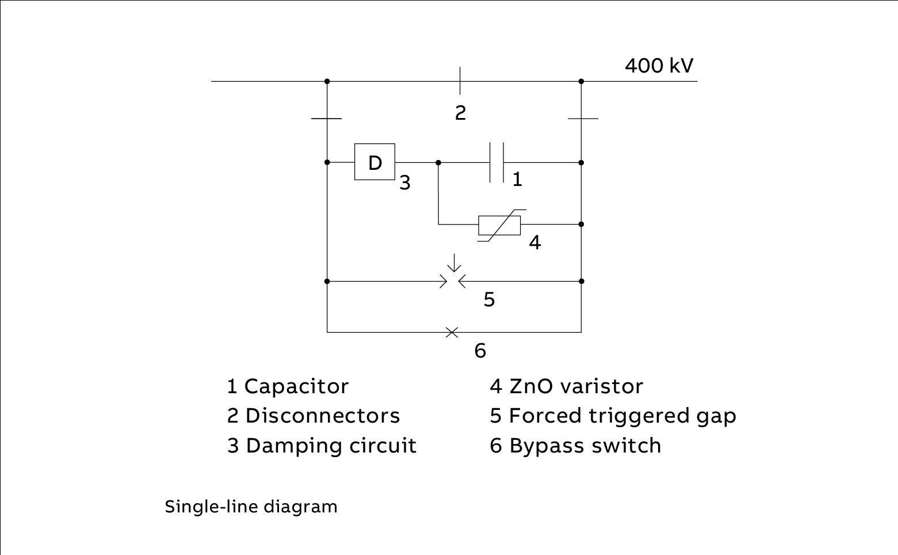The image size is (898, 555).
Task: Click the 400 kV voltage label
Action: [x=659, y=66]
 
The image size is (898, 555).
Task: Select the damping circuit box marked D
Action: [x=375, y=162]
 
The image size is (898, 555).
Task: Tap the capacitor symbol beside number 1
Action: [x=496, y=162]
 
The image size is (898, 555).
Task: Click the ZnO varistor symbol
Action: [x=499, y=225]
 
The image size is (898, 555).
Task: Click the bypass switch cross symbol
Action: [x=452, y=332]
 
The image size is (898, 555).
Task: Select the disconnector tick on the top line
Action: [x=460, y=81]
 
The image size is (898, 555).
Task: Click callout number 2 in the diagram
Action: [x=460, y=113]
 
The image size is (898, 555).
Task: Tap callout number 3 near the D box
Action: [x=405, y=183]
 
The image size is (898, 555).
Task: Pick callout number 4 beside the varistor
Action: [x=535, y=242]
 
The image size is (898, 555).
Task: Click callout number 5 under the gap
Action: [x=489, y=299]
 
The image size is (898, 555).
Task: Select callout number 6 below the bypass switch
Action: [x=480, y=350]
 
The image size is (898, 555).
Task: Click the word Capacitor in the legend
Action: [x=296, y=386]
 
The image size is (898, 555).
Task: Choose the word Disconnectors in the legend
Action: [x=322, y=416]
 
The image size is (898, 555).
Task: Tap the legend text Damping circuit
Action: [x=331, y=446]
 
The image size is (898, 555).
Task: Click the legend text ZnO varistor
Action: [x=576, y=386]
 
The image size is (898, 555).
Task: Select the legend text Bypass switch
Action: [x=585, y=446]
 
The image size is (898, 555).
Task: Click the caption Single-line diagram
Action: [x=251, y=507]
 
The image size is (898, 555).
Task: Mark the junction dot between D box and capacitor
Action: [x=438, y=163]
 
